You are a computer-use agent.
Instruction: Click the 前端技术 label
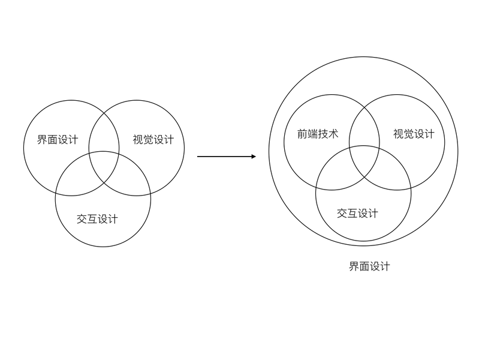click(x=318, y=134)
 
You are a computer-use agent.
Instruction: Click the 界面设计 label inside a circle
click(x=58, y=140)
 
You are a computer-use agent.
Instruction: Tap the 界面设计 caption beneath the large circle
click(x=369, y=266)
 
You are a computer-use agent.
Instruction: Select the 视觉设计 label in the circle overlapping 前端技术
click(x=414, y=134)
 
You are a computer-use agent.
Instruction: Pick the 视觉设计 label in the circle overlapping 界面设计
click(x=153, y=140)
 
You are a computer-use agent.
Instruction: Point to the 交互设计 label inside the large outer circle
click(x=357, y=213)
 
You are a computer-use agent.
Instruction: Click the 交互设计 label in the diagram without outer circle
click(x=97, y=218)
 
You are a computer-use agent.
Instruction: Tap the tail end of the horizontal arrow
click(x=198, y=157)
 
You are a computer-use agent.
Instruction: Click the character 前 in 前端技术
click(x=303, y=134)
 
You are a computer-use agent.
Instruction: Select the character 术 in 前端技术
click(x=333, y=134)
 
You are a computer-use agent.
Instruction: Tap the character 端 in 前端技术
click(x=313, y=134)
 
